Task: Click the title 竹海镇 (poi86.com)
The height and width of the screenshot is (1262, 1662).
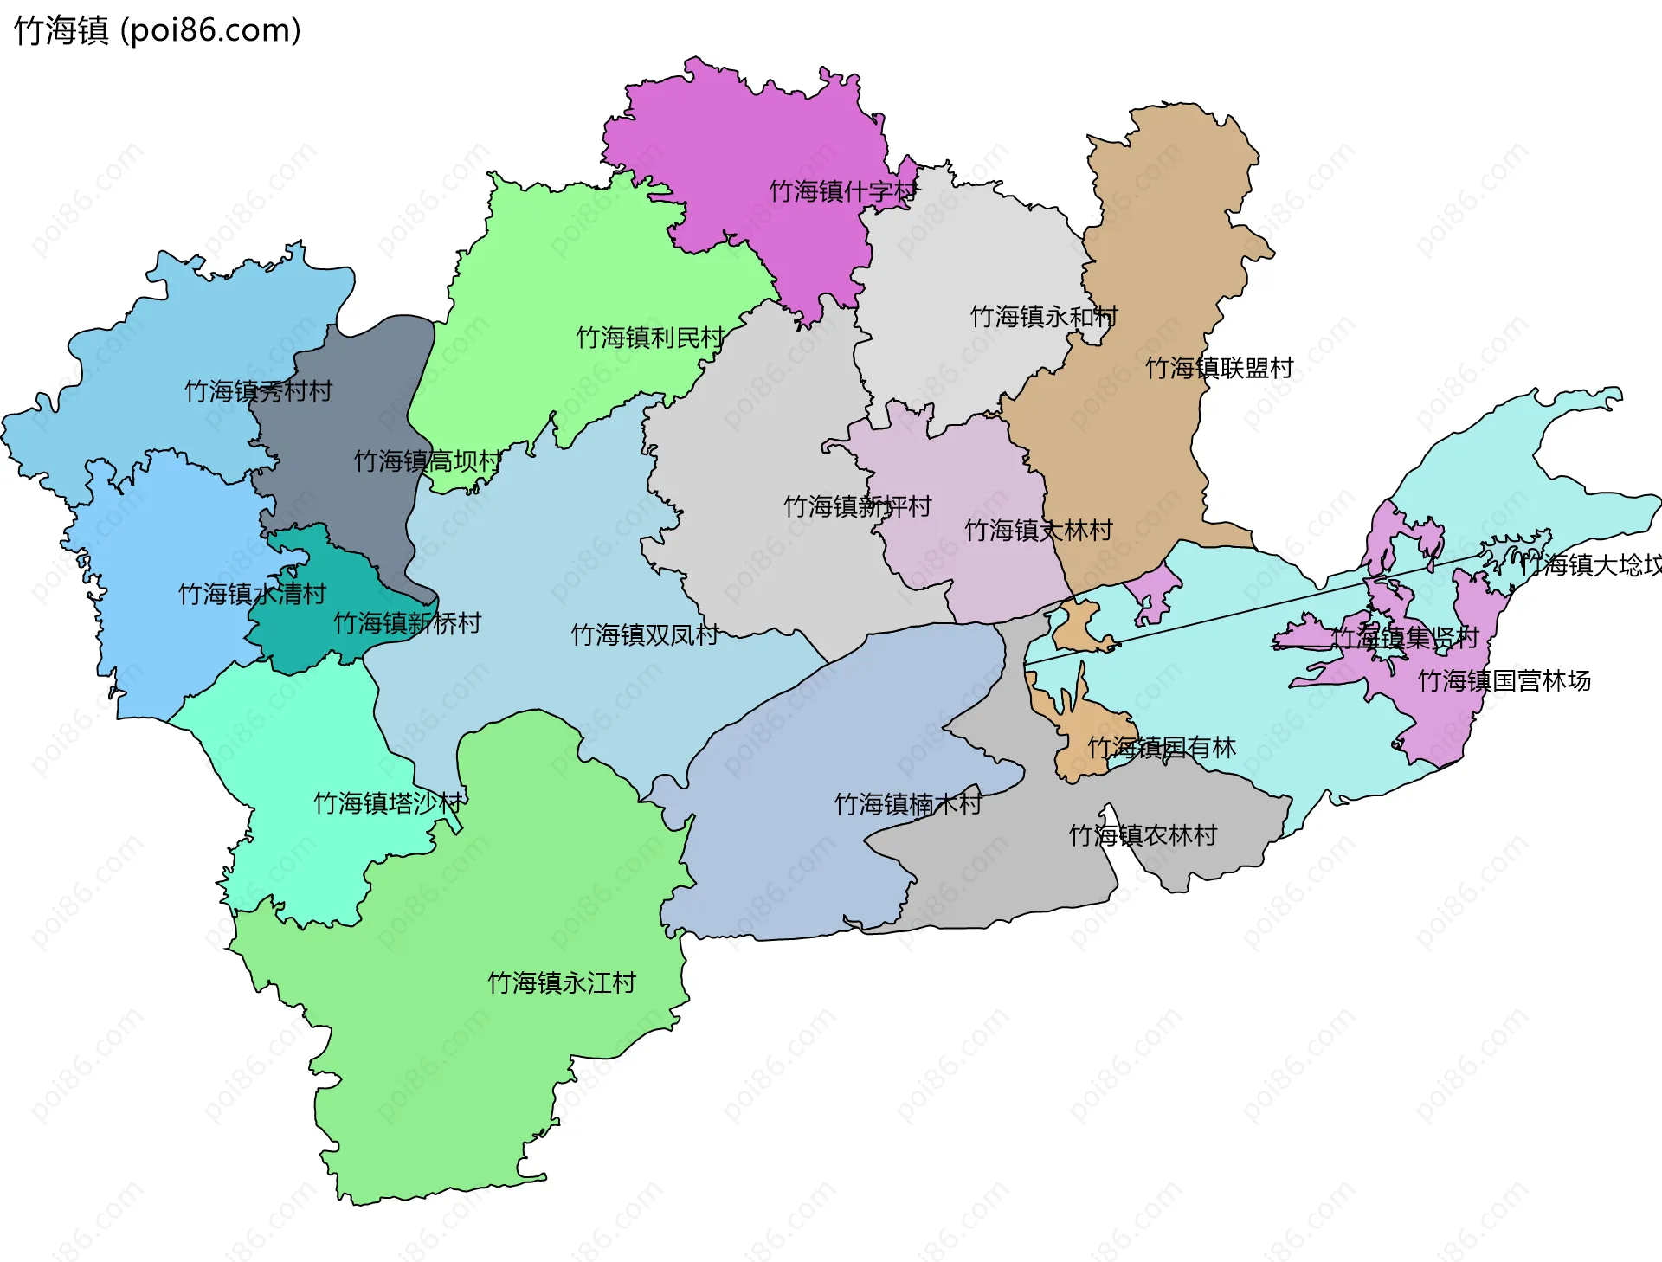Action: click(x=158, y=30)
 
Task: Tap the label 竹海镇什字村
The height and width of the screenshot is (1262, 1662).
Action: click(x=842, y=191)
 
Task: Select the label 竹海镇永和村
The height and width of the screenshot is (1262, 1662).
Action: click(x=1044, y=317)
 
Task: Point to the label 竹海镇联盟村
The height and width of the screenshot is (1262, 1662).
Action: click(x=1219, y=369)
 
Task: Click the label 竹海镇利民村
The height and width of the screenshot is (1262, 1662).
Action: click(x=650, y=338)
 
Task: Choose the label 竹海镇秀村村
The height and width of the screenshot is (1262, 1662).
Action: click(x=258, y=391)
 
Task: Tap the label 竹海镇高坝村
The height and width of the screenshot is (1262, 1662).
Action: click(x=428, y=461)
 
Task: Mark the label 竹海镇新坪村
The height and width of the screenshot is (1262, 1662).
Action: click(x=857, y=506)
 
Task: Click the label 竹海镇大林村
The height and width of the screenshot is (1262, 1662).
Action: click(x=1039, y=531)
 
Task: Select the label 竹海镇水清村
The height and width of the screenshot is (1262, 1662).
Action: click(x=252, y=594)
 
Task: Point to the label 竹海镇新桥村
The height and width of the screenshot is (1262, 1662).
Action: click(x=407, y=623)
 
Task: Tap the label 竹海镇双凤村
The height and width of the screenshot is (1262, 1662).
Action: click(x=645, y=635)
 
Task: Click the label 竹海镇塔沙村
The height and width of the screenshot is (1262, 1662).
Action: click(x=388, y=803)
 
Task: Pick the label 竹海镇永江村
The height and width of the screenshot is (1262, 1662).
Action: click(x=562, y=983)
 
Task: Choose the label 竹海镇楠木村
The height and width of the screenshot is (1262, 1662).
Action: click(x=908, y=805)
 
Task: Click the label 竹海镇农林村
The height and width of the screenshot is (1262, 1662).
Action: click(x=1143, y=836)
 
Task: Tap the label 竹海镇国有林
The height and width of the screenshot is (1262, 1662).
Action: click(x=1162, y=748)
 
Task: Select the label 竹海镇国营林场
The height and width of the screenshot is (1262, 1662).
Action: click(x=1504, y=681)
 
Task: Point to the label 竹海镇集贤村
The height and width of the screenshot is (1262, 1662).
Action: click(x=1405, y=639)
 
